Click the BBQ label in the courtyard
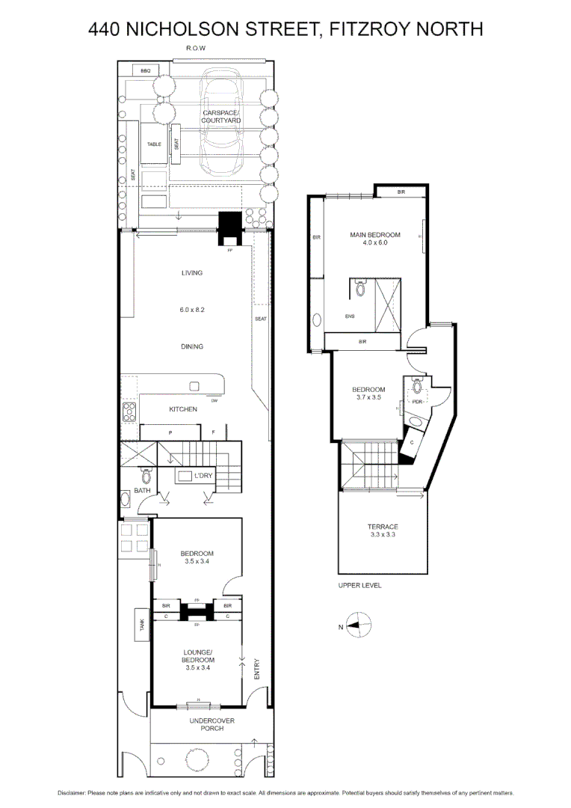[x=146, y=71]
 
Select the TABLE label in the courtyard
[x=154, y=144]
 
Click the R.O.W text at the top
[x=196, y=49]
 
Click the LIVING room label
[x=192, y=273]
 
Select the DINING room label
[x=192, y=346]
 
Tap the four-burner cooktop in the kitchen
[x=129, y=411]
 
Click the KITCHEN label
[x=183, y=409]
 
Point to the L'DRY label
[x=203, y=477]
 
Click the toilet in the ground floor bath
[x=146, y=476]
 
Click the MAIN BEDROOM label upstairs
[x=375, y=235]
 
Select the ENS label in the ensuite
[x=350, y=316]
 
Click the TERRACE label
[x=383, y=527]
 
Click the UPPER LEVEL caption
[x=360, y=586]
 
